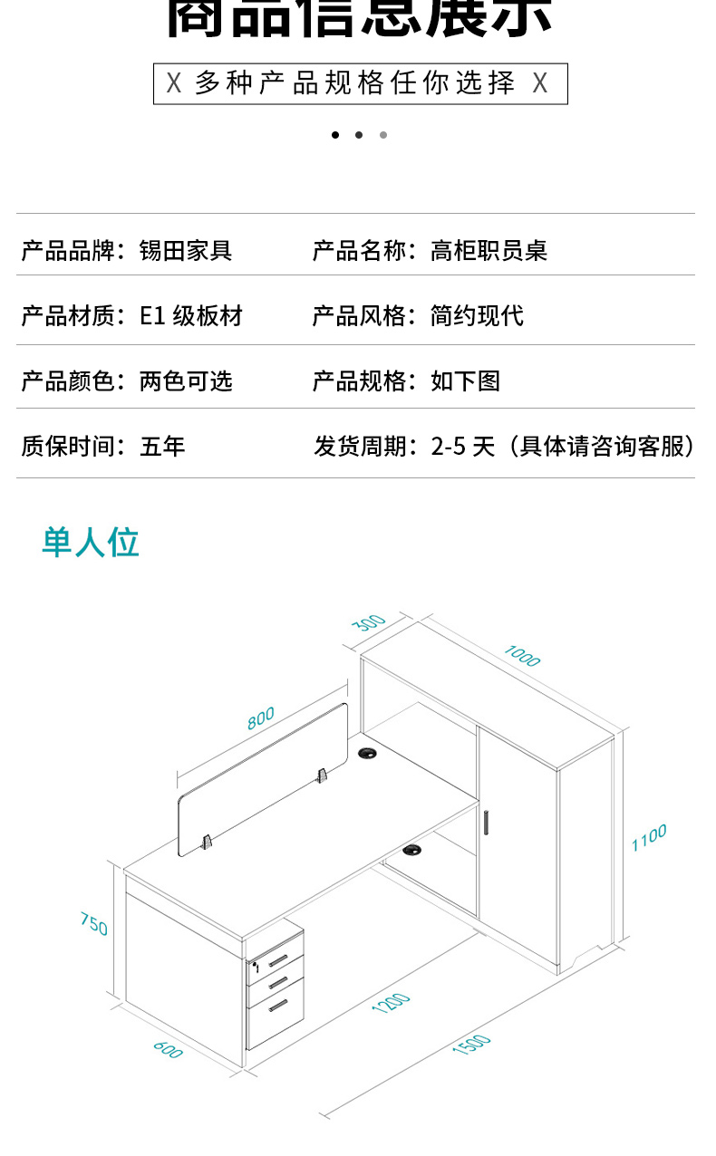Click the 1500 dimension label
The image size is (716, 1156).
tap(471, 1045)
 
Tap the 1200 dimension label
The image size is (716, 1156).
tap(392, 1003)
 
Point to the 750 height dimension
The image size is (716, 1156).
tap(93, 924)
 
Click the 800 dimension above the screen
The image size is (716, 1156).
tap(260, 718)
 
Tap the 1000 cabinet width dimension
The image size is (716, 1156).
tap(522, 655)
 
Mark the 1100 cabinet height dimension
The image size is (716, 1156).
tap(649, 838)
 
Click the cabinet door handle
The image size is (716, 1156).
tap(487, 821)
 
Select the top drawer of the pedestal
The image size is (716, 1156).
tap(276, 960)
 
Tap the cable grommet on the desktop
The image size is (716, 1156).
tap(368, 753)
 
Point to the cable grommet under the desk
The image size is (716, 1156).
tap(413, 850)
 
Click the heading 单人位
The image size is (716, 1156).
tap(91, 542)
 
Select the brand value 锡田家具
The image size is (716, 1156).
tap(186, 250)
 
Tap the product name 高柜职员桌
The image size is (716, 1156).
tap(489, 250)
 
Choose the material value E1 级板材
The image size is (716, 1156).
tap(191, 316)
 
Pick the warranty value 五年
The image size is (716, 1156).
tap(162, 446)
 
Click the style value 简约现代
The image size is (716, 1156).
tap(477, 316)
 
